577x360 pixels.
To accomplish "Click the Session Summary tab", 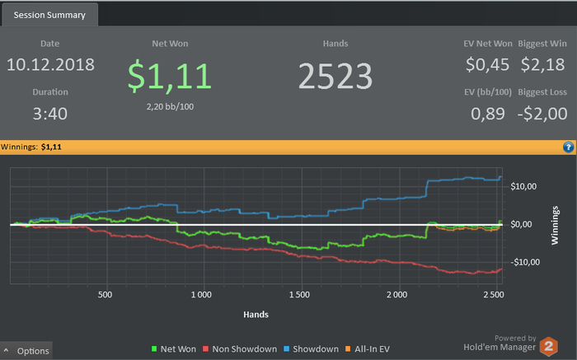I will (x=49, y=14).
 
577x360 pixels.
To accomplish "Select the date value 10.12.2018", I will (x=50, y=64).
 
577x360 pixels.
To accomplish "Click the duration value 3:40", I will (x=50, y=113).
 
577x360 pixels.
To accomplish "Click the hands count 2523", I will (x=335, y=76).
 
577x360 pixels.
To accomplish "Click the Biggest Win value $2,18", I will (x=543, y=64).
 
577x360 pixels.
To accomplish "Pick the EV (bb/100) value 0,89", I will (x=487, y=114).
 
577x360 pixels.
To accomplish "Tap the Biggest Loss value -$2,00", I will (x=543, y=114).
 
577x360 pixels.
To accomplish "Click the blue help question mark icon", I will (x=568, y=147).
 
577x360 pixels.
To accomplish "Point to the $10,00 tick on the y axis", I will (x=527, y=186).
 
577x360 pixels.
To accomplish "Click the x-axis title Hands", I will (x=256, y=314).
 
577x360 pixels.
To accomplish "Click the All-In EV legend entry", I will (x=368, y=349).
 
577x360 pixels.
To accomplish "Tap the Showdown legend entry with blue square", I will (x=312, y=349).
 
